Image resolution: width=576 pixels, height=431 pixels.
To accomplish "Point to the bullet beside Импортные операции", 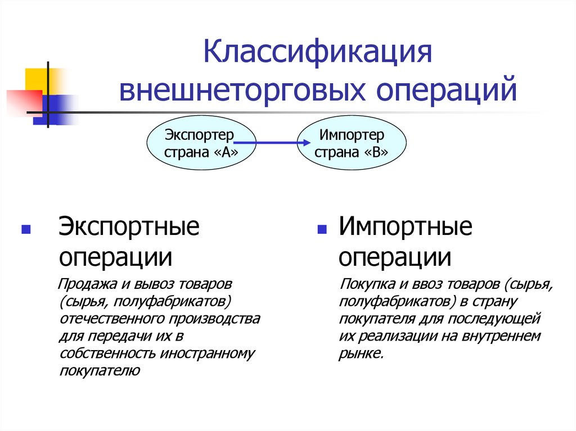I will click(x=322, y=230).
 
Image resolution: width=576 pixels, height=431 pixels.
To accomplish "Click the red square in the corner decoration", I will click(x=21, y=101).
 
